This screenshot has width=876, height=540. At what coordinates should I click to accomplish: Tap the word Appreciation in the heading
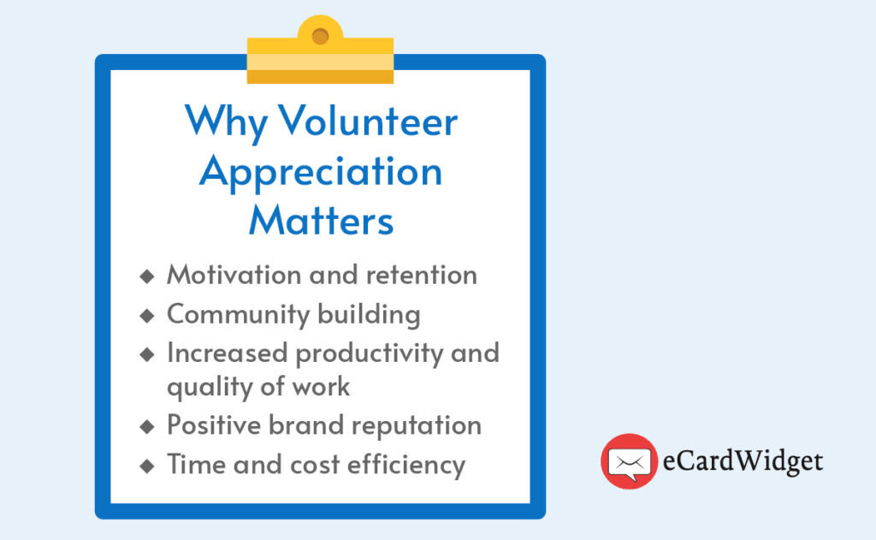(321, 172)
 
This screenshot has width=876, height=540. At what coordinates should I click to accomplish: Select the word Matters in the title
(322, 220)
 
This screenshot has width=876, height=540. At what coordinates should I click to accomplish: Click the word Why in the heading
(226, 123)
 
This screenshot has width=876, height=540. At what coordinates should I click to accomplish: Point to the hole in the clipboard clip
(320, 37)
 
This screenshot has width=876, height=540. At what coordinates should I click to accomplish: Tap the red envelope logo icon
(629, 461)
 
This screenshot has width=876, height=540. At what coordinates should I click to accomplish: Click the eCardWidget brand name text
(743, 461)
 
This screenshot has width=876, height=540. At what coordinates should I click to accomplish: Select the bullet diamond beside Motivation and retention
(147, 276)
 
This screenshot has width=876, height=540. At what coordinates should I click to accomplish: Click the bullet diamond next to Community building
(147, 316)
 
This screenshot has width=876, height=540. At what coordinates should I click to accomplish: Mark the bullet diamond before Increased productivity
(147, 354)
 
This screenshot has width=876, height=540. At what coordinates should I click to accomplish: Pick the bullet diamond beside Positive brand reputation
(147, 427)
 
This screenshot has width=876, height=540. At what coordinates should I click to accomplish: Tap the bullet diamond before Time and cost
(147, 466)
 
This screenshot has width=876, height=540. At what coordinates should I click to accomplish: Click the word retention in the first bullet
(422, 275)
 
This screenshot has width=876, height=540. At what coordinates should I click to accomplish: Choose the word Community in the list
(238, 315)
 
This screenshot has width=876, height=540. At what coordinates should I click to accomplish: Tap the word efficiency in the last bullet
(406, 465)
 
